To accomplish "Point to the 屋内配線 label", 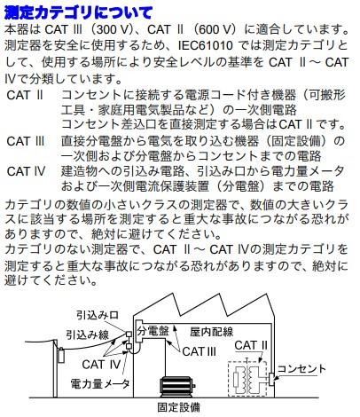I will (211, 330).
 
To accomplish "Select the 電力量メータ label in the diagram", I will (101, 384).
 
